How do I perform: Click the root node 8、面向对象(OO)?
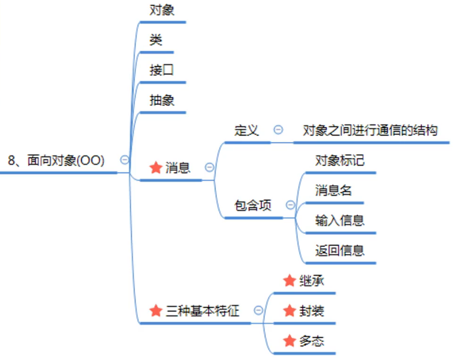[56, 160]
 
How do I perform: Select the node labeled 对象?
[162, 10]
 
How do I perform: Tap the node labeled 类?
[156, 40]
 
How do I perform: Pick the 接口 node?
[162, 70]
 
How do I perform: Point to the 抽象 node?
[162, 100]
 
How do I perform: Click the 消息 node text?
[178, 167]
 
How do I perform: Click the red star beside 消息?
[156, 168]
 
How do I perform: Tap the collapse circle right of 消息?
[210, 167]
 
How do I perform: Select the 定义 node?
[247, 130]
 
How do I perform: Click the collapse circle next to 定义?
[279, 129]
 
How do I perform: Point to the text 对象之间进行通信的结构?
[370, 130]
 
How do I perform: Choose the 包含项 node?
[253, 205]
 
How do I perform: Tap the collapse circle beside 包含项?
[290, 205]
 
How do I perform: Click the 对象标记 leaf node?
[340, 160]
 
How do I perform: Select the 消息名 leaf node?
[334, 190]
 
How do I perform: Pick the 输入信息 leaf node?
[340, 220]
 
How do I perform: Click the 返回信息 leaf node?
[340, 250]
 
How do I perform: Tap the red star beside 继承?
[290, 281]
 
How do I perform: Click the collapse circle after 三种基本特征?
[258, 310]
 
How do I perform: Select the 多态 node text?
[312, 341]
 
